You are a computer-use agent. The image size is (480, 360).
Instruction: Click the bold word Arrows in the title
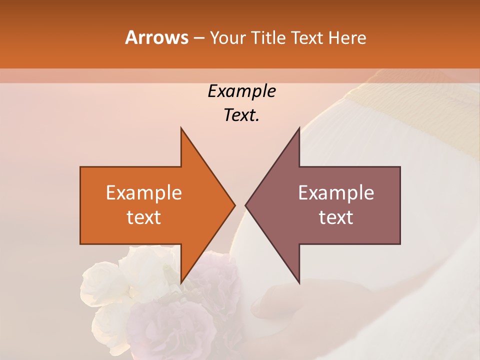(x=157, y=37)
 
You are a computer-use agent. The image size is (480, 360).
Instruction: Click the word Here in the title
(x=347, y=37)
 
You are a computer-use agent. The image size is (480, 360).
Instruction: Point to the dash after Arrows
(x=198, y=38)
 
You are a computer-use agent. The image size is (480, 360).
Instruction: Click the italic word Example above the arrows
(x=241, y=91)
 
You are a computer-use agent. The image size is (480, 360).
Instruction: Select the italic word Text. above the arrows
(x=241, y=115)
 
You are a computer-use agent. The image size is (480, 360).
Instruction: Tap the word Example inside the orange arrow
(x=144, y=193)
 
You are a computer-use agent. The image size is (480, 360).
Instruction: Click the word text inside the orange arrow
(x=144, y=217)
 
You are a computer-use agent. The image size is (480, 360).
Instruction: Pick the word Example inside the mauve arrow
(x=336, y=193)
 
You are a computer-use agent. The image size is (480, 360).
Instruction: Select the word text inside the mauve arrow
(x=336, y=217)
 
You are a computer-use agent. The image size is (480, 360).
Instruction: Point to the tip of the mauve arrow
(x=246, y=205)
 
